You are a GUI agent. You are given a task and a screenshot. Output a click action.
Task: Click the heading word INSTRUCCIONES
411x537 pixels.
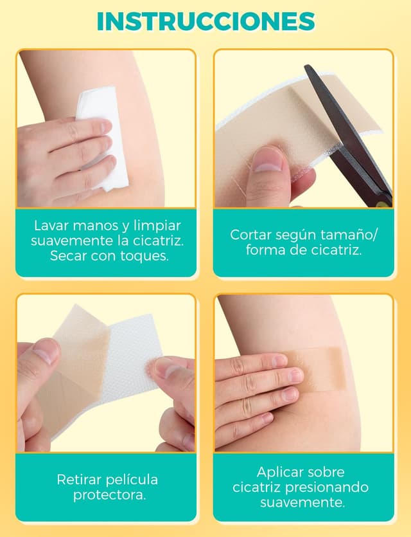pyautogui.click(x=205, y=21)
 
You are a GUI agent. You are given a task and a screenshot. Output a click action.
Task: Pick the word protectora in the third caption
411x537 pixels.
pyautogui.click(x=109, y=495)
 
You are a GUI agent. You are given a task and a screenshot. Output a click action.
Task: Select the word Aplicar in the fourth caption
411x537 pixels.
pyautogui.click(x=279, y=472)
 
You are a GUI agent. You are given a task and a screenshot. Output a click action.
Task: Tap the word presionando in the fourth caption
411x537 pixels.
pyautogui.click(x=327, y=487)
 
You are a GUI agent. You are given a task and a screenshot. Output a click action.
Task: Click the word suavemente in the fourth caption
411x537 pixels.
pyautogui.click(x=302, y=503)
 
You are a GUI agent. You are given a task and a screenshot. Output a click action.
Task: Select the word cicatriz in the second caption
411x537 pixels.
pyautogui.click(x=338, y=250)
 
